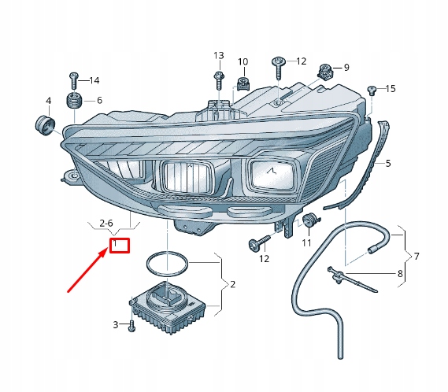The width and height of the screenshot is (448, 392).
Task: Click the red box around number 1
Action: [x=120, y=246]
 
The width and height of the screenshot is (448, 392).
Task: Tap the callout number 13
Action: [x=219, y=55]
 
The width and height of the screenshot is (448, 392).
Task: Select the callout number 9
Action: [x=346, y=68]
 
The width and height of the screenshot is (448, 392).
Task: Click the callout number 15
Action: [x=391, y=89]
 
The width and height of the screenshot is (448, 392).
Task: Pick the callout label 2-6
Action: [x=106, y=223]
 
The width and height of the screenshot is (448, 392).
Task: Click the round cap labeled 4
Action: [x=46, y=126]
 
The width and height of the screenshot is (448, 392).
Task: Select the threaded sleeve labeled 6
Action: [x=74, y=102]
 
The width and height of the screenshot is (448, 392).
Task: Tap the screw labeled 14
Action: [x=73, y=81]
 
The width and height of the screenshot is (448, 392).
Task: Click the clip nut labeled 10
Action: [x=243, y=83]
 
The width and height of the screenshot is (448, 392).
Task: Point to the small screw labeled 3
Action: [x=131, y=326]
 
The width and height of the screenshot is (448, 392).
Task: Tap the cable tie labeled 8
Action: [x=352, y=279]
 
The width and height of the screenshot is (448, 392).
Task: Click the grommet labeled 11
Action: [x=310, y=220]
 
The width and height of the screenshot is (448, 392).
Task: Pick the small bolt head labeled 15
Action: [x=372, y=90]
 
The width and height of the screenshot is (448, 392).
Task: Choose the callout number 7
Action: [x=417, y=256]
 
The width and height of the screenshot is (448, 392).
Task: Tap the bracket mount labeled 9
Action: [x=326, y=72]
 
